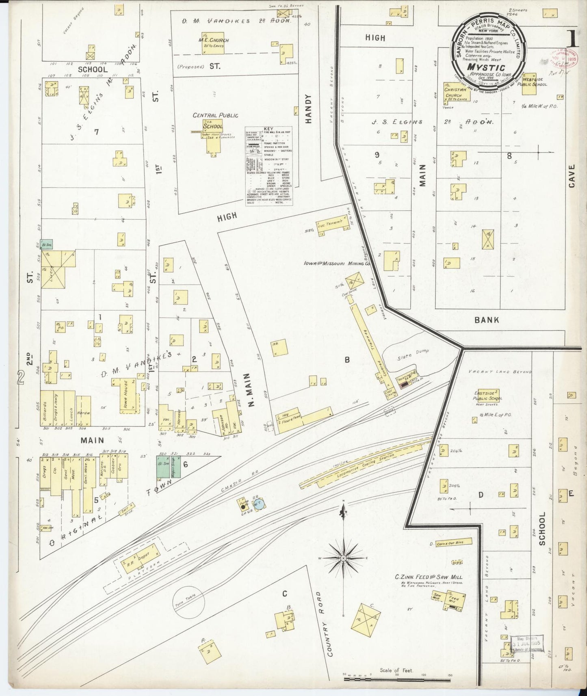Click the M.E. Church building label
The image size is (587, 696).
213,40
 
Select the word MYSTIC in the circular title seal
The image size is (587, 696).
485,67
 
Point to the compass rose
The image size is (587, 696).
344,558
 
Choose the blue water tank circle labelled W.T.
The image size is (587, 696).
259,504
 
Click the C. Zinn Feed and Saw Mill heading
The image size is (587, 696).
429,577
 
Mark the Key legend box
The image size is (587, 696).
269,166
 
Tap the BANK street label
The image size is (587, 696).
487,320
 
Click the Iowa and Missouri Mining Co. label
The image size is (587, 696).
337,264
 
